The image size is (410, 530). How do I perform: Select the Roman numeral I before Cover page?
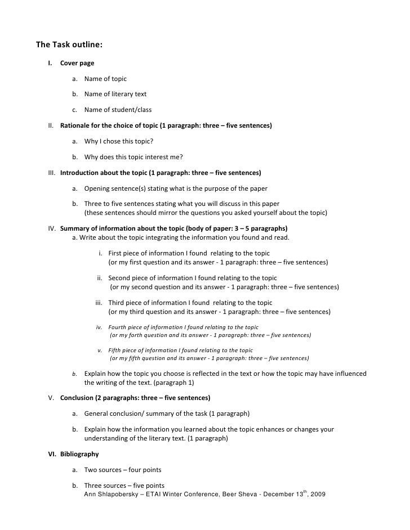[50, 62]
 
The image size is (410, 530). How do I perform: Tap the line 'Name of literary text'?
[115, 94]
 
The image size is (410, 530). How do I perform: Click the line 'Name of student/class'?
[118, 110]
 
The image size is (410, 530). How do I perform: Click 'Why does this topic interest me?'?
[133, 156]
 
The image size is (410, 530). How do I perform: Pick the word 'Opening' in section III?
[97, 188]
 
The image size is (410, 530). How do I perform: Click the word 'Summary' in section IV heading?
[75, 229]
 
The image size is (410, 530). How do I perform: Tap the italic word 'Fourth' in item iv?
[118, 327]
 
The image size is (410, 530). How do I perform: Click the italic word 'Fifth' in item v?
[115, 350]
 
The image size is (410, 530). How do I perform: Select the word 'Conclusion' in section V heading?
[79, 398]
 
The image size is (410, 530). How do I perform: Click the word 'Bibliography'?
[79, 453]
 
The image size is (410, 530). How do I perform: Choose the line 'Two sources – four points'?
[123, 469]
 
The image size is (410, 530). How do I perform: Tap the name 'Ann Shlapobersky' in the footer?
[109, 495]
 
